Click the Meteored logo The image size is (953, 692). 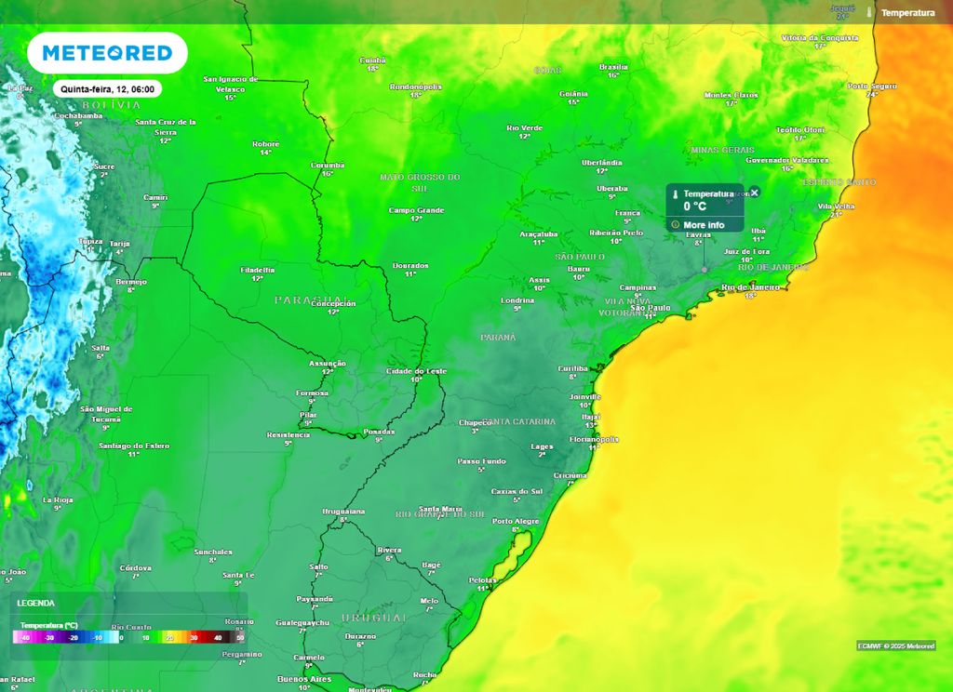click(x=107, y=53)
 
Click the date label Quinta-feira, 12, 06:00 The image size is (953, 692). click(x=107, y=89)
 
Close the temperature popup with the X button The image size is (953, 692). click(x=755, y=193)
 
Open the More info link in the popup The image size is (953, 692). click(x=703, y=225)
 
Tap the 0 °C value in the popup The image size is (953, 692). click(x=695, y=206)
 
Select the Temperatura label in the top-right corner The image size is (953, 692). click(x=906, y=13)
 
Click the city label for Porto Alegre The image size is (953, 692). click(x=516, y=521)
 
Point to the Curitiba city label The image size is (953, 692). click(x=572, y=368)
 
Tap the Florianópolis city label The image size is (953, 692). click(x=594, y=438)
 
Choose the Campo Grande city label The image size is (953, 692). click(x=416, y=210)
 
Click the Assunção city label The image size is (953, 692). click(x=328, y=363)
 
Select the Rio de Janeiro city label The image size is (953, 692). click(x=750, y=287)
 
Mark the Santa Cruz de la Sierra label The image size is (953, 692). click(x=166, y=126)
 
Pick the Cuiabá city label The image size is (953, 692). click(x=372, y=60)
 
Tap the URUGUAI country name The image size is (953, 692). click(x=373, y=618)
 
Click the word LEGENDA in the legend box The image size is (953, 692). click(x=36, y=603)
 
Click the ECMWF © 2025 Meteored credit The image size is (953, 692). click(x=895, y=645)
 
